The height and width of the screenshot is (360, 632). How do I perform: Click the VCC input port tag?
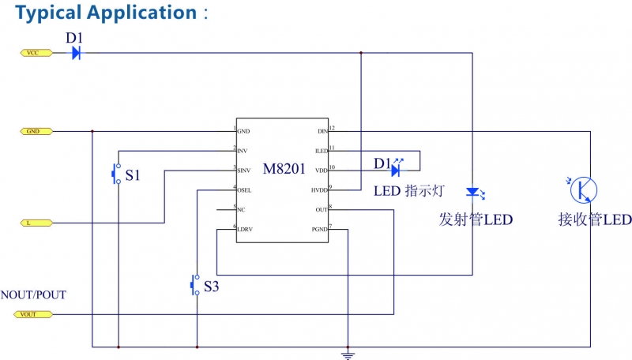pos(35,53)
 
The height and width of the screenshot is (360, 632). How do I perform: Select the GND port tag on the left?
pos(35,131)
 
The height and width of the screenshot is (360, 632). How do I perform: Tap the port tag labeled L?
pos(35,223)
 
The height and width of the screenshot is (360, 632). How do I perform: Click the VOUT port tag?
pos(35,314)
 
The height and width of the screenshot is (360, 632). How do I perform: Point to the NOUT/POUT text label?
pos(33,295)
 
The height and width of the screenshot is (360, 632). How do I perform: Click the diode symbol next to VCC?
pos(76,53)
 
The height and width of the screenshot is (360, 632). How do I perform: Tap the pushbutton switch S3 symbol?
pos(195,285)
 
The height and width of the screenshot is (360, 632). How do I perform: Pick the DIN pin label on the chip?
pos(321,132)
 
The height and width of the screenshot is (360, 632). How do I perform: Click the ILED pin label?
pos(320,150)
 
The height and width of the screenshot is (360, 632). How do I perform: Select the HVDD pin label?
pos(318,189)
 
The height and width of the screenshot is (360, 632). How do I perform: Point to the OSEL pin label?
pos(246,189)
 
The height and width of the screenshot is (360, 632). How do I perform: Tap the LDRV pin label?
pos(246,229)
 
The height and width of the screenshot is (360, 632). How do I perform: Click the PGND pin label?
pos(319,229)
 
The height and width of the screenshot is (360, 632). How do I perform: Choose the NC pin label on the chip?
pos(242,210)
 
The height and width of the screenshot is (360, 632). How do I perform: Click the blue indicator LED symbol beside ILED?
pos(396,170)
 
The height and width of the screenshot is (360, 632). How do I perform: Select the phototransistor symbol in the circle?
pos(585,189)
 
